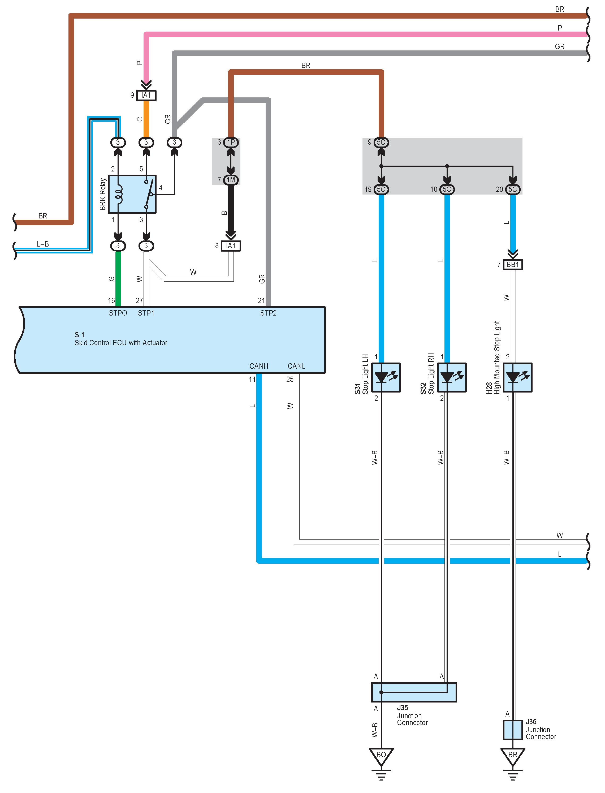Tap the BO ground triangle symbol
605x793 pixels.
click(x=381, y=757)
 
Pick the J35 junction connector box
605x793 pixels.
click(x=414, y=692)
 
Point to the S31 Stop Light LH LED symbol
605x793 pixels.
click(x=386, y=377)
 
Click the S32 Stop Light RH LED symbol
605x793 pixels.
click(x=452, y=377)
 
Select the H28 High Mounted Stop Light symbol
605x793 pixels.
click(x=517, y=377)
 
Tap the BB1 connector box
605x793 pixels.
click(x=513, y=265)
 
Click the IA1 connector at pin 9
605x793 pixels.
click(x=146, y=95)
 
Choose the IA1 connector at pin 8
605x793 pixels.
click(x=231, y=245)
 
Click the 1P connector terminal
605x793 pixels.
click(x=231, y=142)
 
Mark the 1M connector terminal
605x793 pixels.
click(x=231, y=180)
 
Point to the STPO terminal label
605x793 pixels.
click(x=118, y=313)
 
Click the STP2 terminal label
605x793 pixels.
click(x=268, y=313)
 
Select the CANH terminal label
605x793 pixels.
click(x=259, y=366)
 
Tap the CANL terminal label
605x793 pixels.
click(x=296, y=366)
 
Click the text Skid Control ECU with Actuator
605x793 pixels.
click(x=121, y=343)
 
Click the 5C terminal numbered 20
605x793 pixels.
click(x=513, y=189)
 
